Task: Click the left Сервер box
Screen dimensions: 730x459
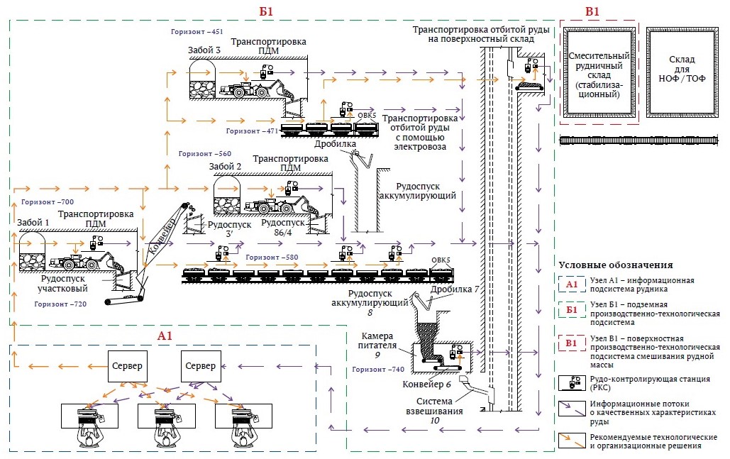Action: [x=127, y=366]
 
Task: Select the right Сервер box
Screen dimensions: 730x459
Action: [x=201, y=366]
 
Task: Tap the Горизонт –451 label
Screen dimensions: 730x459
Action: [x=197, y=32]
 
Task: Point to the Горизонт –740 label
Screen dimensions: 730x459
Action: [x=378, y=370]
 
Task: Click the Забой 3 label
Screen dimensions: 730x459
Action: [x=204, y=50]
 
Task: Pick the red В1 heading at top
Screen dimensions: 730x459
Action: [x=592, y=11]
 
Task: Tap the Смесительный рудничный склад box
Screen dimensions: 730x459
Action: [x=599, y=72]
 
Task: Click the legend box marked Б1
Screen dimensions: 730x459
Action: [x=572, y=309]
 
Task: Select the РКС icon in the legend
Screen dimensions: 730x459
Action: [x=572, y=383]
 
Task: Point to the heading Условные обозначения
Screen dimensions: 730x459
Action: [x=616, y=265]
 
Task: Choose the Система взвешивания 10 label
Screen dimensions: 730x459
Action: [x=434, y=411]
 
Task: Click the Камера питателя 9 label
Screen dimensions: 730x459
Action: [x=377, y=345]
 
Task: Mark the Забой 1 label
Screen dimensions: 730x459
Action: [x=33, y=223]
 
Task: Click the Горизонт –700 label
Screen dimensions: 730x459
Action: [x=48, y=202]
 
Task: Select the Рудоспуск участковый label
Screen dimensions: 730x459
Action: [x=63, y=284]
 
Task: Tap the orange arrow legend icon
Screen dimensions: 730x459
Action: [x=572, y=441]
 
